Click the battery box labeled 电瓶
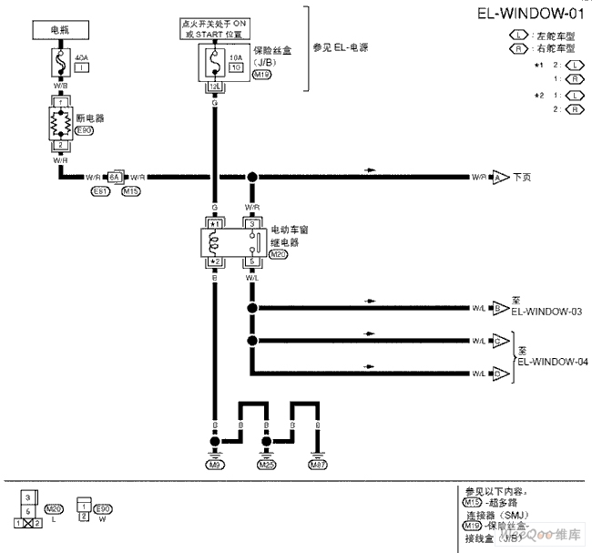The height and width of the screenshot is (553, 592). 60,30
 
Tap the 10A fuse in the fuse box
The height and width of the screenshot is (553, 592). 214,64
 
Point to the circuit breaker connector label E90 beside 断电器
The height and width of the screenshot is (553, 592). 84,130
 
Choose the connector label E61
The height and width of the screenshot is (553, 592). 100,191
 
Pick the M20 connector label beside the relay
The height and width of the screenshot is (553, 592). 278,254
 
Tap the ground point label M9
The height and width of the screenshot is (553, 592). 216,464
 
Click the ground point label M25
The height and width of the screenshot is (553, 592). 266,464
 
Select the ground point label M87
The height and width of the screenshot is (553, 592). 317,464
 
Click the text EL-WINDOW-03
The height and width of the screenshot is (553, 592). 546,312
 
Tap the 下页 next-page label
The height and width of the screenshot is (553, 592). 523,177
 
